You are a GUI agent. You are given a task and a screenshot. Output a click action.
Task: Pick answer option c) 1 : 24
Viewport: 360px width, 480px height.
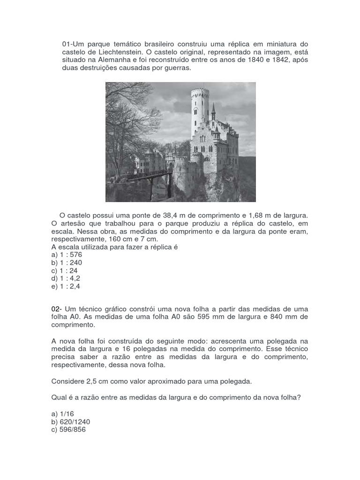point(65,270)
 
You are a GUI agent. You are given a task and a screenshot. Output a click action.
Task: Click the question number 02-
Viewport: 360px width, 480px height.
point(56,309)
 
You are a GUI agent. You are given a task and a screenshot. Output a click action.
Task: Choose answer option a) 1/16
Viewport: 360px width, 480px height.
point(63,414)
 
